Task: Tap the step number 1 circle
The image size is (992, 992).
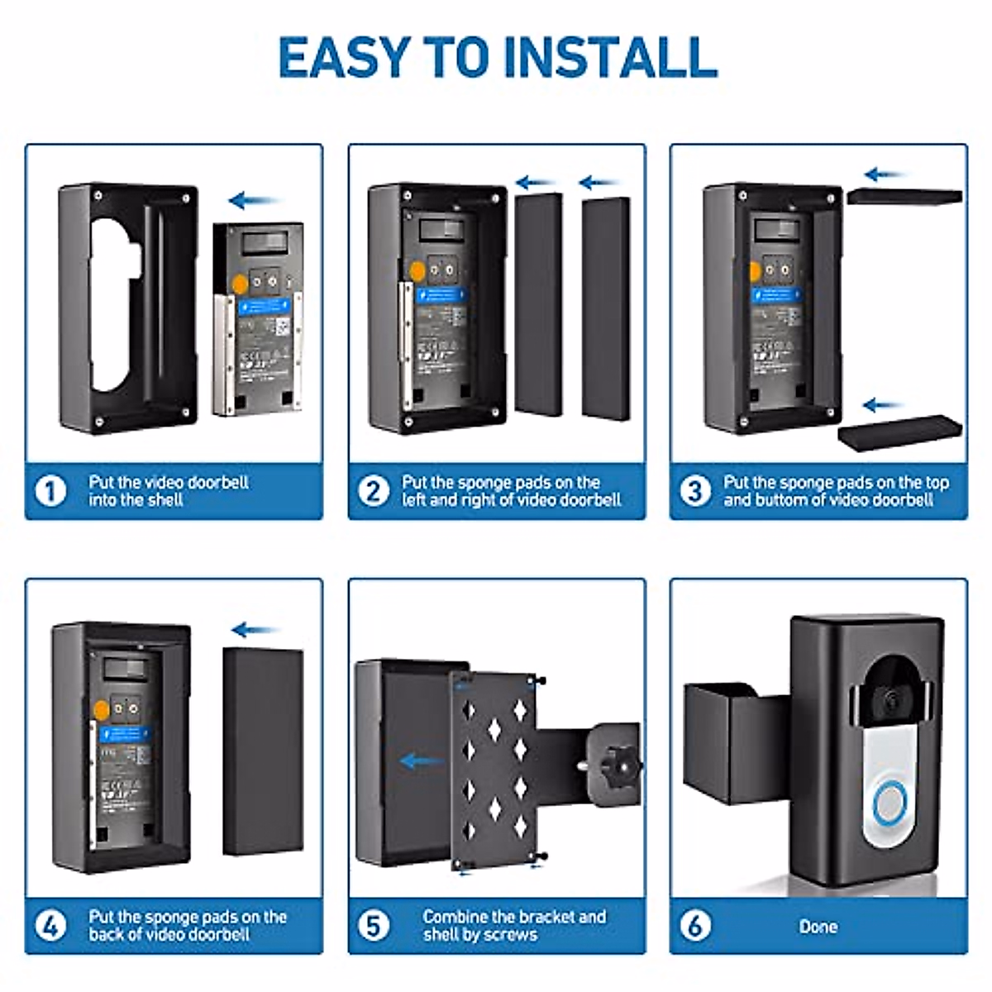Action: [x=50, y=491]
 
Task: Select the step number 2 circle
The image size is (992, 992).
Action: [x=373, y=491]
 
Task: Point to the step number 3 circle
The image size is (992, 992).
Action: [x=695, y=491]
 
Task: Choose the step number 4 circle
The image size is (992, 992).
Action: [x=50, y=926]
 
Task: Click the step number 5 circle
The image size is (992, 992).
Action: [x=373, y=926]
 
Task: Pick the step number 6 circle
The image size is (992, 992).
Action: [x=695, y=926]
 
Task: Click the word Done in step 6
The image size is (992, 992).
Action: [x=818, y=927]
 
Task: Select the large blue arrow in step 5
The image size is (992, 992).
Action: [x=421, y=761]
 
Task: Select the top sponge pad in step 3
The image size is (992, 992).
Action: [x=904, y=197]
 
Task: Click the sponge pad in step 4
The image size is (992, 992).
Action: [x=263, y=751]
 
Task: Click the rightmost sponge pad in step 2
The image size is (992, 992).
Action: [x=606, y=308]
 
